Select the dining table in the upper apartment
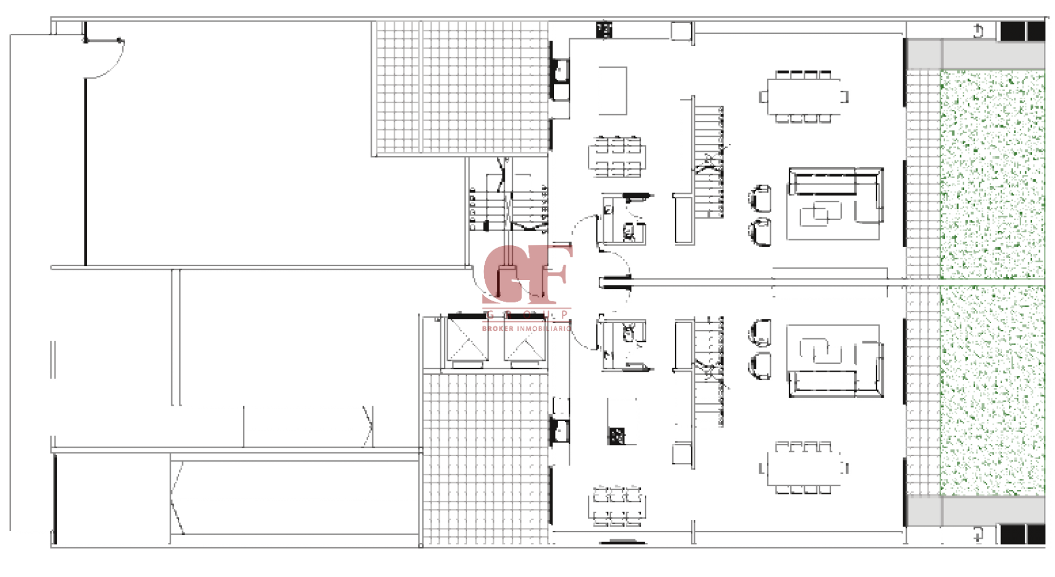805,97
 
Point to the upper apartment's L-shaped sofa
835,203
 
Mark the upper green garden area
992,173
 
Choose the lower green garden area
992,389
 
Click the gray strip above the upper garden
975,55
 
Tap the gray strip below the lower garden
975,509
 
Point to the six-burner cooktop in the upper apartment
618,157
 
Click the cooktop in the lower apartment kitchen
618,505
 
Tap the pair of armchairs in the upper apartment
760,216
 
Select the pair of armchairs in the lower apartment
760,350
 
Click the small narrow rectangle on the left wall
53,361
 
